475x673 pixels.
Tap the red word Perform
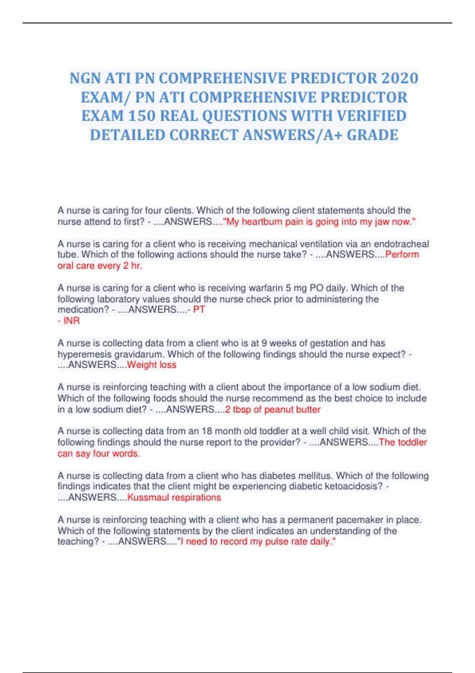point(402,255)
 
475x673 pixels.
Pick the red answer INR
point(71,321)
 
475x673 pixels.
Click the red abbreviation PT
point(199,310)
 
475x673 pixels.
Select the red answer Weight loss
point(152,365)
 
